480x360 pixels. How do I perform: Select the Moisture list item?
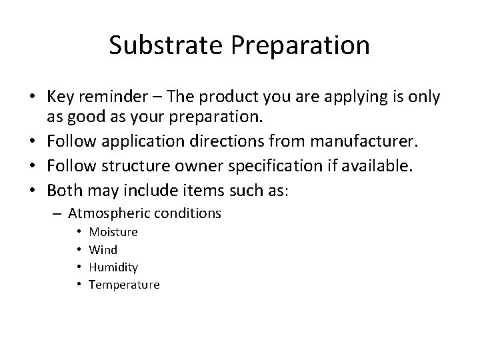click(x=113, y=232)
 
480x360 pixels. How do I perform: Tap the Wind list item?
click(x=103, y=250)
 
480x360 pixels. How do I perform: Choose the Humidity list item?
click(x=113, y=267)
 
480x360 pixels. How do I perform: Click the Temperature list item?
click(x=124, y=285)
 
